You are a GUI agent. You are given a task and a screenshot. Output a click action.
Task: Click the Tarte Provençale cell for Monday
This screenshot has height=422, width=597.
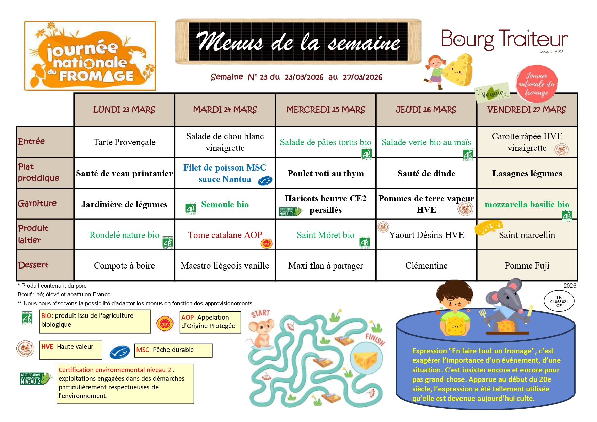[124, 142]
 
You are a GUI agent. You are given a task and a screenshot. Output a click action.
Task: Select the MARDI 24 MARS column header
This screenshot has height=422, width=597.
[225, 110]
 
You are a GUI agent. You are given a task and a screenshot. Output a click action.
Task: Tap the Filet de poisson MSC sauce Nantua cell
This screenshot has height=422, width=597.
[225, 173]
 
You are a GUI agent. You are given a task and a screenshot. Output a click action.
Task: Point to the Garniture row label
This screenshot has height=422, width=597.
[37, 204]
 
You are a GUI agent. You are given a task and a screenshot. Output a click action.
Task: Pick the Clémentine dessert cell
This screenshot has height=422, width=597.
[426, 265]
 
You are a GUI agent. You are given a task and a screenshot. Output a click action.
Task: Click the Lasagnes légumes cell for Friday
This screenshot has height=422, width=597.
[527, 173]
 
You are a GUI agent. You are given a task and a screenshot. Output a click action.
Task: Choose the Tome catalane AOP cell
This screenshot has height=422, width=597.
[225, 235]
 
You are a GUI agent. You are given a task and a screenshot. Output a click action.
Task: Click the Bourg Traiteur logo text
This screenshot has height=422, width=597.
[504, 39]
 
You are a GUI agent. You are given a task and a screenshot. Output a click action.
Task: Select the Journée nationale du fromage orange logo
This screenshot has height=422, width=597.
[90, 56]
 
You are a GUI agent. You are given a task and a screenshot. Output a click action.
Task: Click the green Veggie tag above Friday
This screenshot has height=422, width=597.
[492, 93]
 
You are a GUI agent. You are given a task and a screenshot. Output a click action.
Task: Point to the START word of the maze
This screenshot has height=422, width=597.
[260, 313]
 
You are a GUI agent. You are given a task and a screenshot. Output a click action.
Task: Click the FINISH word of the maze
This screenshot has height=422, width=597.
[375, 339]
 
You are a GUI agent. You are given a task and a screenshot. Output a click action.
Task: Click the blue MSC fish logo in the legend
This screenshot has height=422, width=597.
[119, 352]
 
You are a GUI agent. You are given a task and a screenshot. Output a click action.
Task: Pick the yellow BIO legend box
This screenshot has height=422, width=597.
[95, 321]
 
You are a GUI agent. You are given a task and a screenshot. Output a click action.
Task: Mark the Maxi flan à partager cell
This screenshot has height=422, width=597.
[325, 265]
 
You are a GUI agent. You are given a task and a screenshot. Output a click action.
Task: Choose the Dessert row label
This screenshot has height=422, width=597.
[33, 265]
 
